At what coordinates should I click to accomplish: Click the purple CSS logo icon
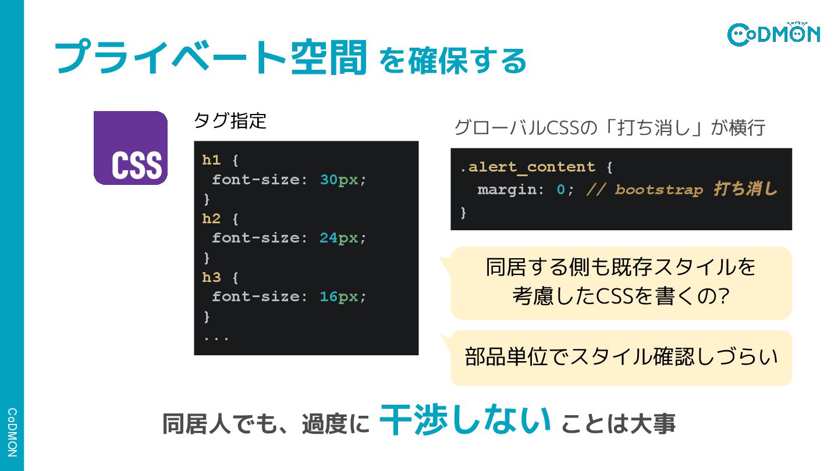click(x=130, y=148)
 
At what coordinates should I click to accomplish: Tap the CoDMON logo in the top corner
click(x=773, y=33)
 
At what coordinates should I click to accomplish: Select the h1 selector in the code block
click(x=211, y=160)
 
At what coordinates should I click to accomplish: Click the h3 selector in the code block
click(x=211, y=277)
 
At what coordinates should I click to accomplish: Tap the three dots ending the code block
click(x=216, y=337)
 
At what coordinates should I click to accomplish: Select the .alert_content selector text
click(x=527, y=167)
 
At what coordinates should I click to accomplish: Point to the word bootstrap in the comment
click(x=659, y=190)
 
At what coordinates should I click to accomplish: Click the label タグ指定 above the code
click(x=230, y=121)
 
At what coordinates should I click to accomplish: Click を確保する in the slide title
click(x=452, y=60)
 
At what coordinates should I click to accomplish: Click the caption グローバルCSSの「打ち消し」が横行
click(x=609, y=128)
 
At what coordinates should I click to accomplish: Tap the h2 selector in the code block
click(x=211, y=219)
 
